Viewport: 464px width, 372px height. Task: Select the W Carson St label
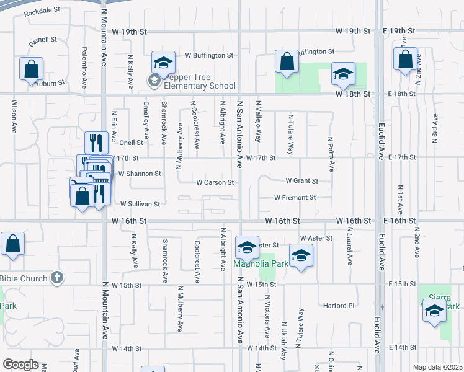click(215, 182)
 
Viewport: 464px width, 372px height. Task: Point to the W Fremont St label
click(295, 197)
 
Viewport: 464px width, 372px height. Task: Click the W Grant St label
click(301, 181)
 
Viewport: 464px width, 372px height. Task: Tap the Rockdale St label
click(42, 11)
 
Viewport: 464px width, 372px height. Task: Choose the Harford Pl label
click(338, 305)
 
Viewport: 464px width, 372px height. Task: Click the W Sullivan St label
click(140, 203)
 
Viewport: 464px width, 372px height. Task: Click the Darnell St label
click(43, 39)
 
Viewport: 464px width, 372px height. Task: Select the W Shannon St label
click(140, 174)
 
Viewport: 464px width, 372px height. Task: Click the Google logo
click(20, 365)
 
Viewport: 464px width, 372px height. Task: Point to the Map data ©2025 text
click(437, 367)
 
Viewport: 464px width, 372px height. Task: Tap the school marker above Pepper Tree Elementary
click(163, 62)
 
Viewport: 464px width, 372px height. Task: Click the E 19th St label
click(398, 30)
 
